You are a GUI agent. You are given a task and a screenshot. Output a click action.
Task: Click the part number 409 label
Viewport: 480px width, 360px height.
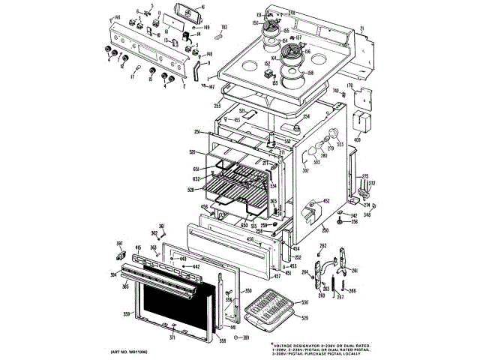click(357, 139)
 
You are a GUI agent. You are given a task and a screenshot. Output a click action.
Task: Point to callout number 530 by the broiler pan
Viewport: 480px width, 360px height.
click(304, 303)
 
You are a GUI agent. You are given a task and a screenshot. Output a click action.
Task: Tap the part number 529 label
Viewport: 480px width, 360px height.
click(304, 319)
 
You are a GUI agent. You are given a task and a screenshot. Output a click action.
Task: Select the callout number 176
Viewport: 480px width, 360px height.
click(348, 87)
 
